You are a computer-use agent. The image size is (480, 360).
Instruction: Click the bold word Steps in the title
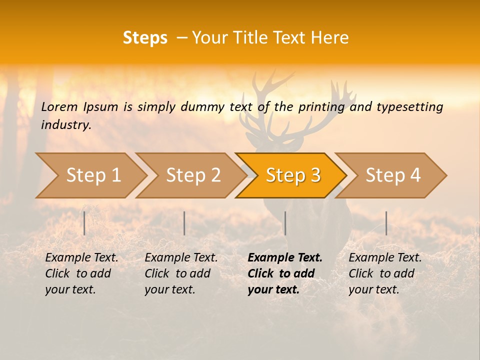[145, 38]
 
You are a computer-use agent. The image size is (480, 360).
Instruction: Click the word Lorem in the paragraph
[59, 106]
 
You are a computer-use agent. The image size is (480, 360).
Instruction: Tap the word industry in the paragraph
[65, 124]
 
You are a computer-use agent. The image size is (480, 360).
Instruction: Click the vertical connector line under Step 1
[84, 223]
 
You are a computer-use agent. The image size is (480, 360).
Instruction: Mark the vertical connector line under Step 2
[184, 223]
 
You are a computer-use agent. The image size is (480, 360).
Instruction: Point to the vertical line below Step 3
[285, 223]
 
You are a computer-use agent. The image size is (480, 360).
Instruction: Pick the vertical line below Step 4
[386, 223]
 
